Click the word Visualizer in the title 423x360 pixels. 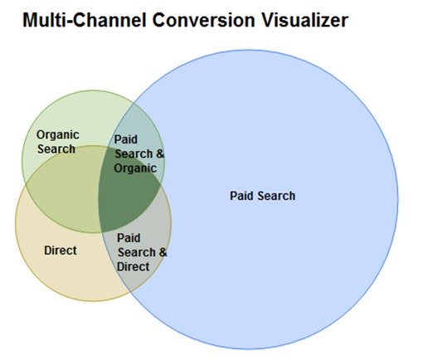[304, 20]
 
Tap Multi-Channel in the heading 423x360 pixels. [85, 20]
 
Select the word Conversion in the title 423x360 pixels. [203, 20]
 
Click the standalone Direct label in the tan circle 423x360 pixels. [61, 251]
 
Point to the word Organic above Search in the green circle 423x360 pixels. [58, 135]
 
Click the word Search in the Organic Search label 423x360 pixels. [56, 149]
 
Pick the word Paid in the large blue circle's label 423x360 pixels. [241, 196]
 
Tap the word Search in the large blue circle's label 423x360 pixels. [276, 196]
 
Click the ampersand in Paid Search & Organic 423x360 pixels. [160, 153]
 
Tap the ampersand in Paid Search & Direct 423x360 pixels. [163, 252]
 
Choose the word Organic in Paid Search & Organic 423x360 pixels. [135, 168]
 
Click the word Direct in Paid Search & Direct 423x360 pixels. [134, 267]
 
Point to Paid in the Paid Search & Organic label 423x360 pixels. [126, 139]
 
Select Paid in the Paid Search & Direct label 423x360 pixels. [129, 238]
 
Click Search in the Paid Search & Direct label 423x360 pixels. [137, 252]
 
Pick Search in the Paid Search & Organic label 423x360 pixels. [134, 153]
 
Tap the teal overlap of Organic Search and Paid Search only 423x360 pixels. [139, 124]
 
